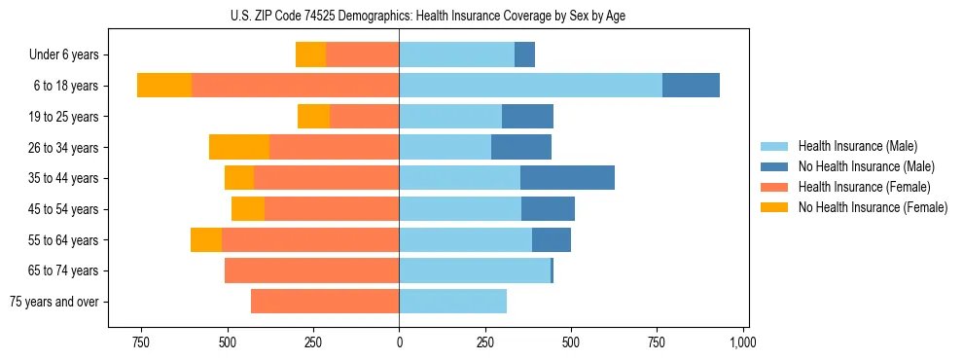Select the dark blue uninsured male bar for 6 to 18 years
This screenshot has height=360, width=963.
click(x=691, y=86)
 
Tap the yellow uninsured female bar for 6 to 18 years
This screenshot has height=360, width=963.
click(x=164, y=86)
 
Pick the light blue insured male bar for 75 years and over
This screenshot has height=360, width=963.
click(x=452, y=302)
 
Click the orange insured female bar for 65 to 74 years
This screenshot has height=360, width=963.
click(x=311, y=270)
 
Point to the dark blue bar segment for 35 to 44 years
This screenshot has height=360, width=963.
click(x=567, y=178)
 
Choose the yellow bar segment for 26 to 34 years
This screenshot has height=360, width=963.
click(x=239, y=147)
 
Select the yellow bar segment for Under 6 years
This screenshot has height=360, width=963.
click(x=310, y=54)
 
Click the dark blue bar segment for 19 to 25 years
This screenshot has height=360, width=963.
click(x=527, y=117)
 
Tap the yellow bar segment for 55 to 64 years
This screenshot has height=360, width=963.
click(x=206, y=239)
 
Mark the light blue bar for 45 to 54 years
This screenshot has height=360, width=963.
click(x=460, y=209)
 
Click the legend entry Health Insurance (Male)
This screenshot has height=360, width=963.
click(x=856, y=146)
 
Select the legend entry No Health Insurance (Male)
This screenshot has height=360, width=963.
click(x=866, y=166)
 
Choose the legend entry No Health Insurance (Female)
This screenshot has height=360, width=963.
click(x=873, y=207)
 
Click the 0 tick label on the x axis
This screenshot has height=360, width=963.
click(x=399, y=342)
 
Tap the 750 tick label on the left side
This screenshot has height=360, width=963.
click(x=140, y=342)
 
